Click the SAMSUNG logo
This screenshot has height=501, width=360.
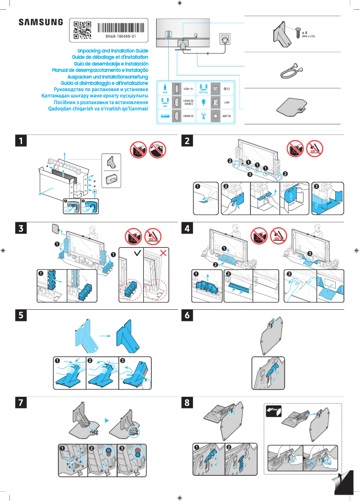[x=41, y=22]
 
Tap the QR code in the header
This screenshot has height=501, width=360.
[x=82, y=29]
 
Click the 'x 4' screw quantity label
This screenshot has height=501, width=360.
[x=305, y=33]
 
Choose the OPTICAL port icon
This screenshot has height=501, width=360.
[x=203, y=88]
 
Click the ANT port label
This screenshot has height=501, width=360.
[x=227, y=117]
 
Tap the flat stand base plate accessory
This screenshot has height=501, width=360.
[x=292, y=107]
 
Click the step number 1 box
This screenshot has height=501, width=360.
[x=20, y=141]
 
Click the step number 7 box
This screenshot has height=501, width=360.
[x=20, y=403]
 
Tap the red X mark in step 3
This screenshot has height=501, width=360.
[x=163, y=254]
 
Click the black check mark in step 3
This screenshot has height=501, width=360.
[x=136, y=254]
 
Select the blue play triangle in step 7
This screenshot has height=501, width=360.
[x=107, y=420]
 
